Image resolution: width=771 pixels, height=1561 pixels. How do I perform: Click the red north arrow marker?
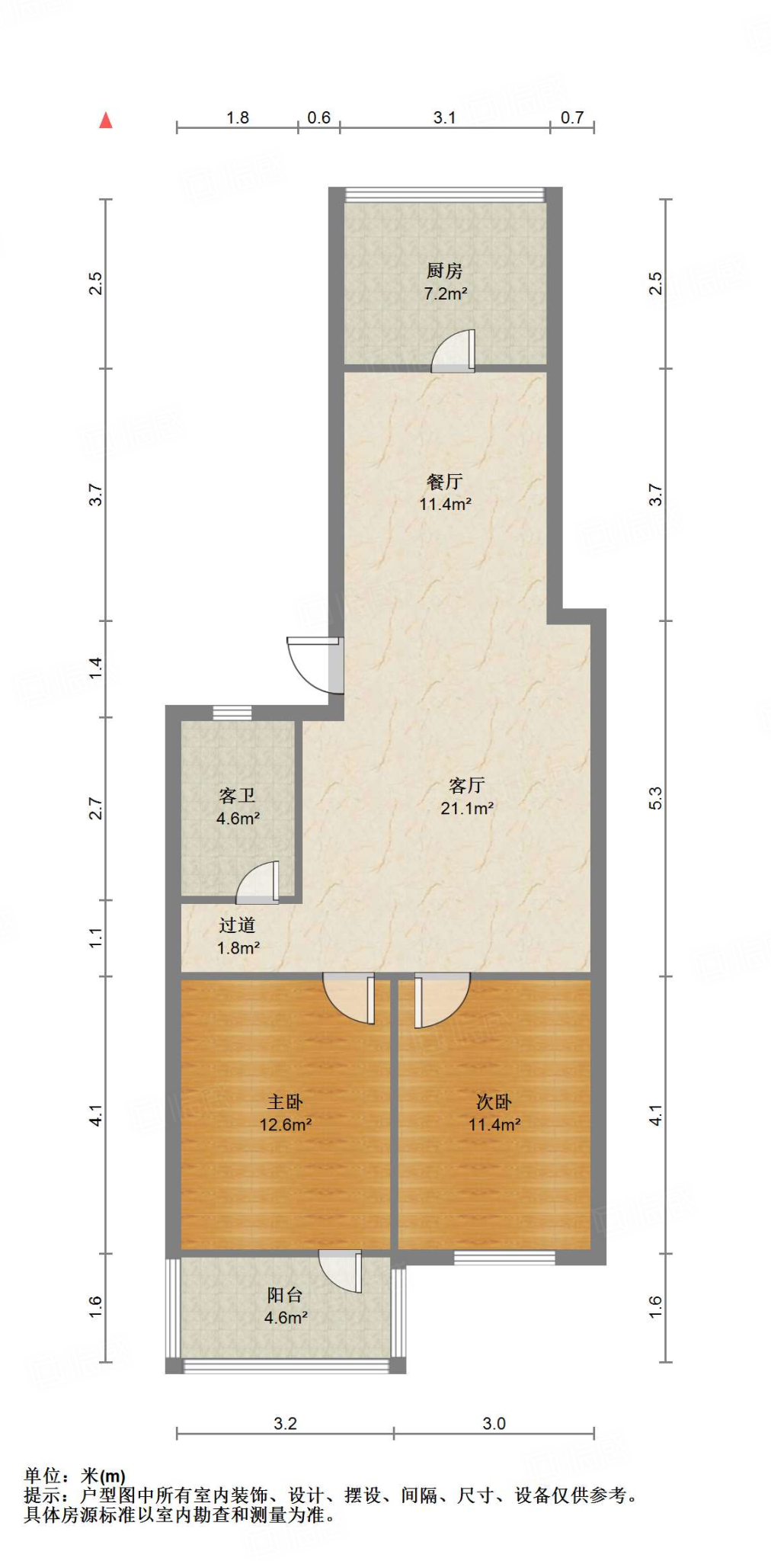(106, 120)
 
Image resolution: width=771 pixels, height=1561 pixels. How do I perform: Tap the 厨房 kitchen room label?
(444, 271)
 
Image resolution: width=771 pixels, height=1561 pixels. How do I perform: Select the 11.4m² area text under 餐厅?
(445, 504)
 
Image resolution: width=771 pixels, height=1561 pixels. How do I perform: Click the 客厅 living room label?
(466, 785)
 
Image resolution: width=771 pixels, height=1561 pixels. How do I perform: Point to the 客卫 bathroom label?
(237, 796)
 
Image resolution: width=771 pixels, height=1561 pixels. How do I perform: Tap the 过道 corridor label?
(237, 925)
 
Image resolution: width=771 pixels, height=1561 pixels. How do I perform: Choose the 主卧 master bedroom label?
(285, 1101)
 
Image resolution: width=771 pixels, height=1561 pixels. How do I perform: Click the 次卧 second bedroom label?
(494, 1101)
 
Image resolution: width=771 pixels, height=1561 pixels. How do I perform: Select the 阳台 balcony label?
(285, 1294)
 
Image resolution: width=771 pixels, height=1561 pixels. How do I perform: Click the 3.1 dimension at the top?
(444, 117)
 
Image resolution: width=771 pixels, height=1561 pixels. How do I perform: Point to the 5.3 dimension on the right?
(656, 798)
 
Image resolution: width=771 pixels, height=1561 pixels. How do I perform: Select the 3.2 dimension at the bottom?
(285, 1423)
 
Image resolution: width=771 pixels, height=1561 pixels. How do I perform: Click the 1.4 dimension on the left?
(95, 668)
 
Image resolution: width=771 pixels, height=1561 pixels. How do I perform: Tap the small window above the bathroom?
(232, 713)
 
